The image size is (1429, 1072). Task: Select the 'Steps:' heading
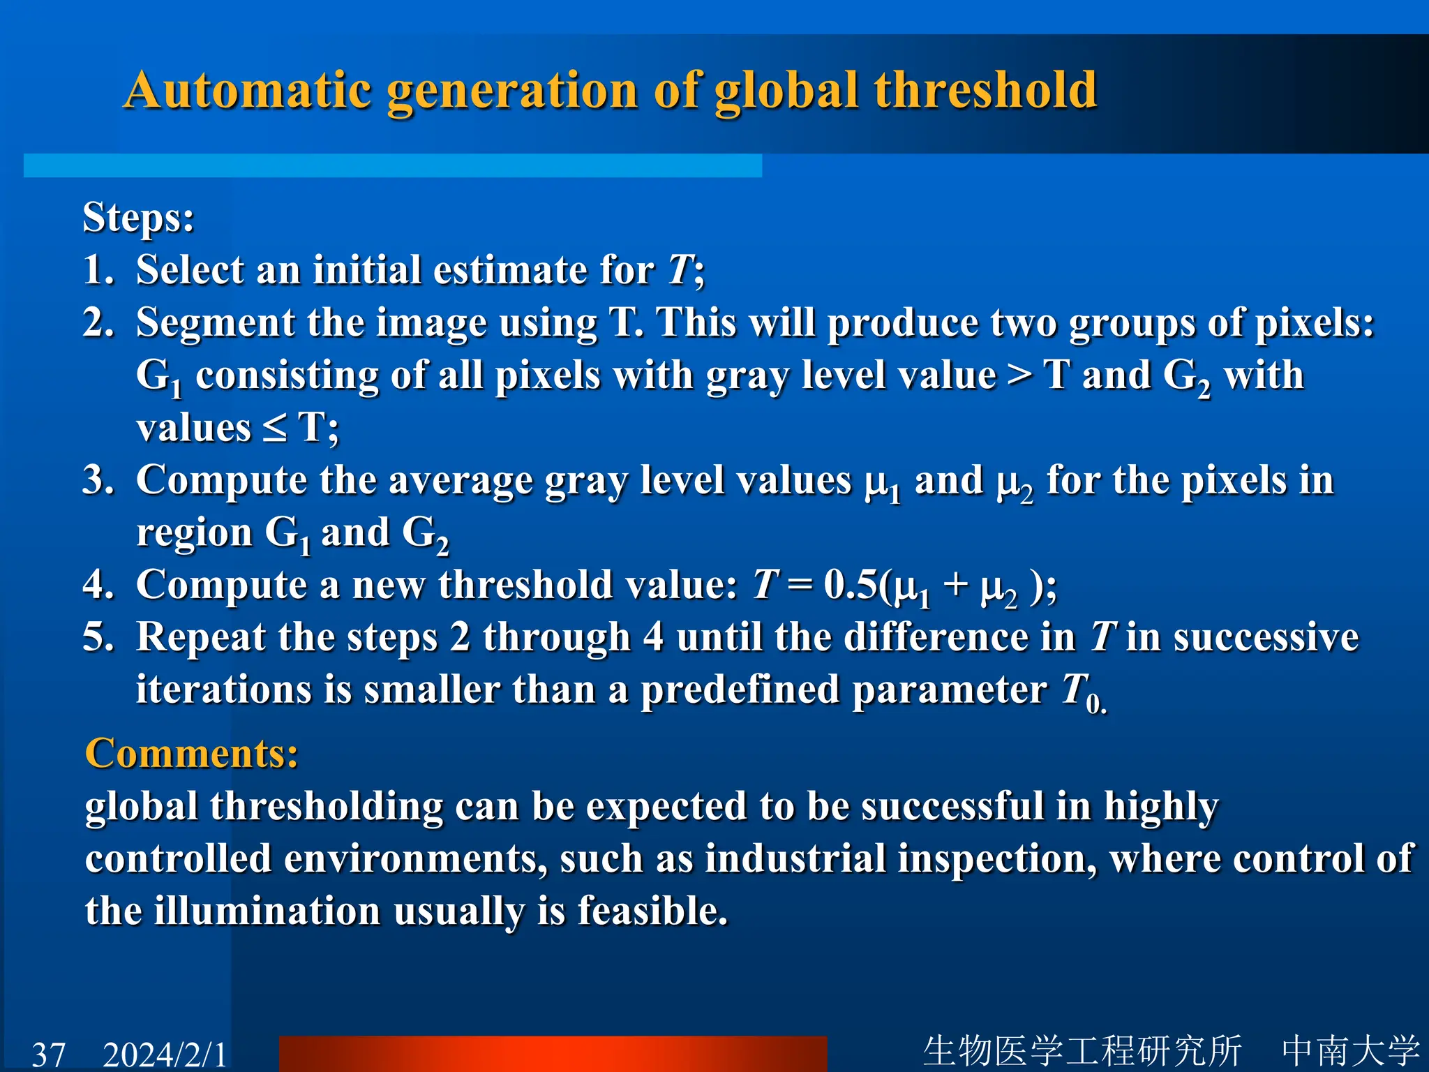[x=138, y=217]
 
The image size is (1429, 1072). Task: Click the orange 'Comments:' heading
[x=192, y=754]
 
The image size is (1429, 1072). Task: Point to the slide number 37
[x=49, y=1054]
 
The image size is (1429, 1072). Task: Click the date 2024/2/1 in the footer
[x=165, y=1054]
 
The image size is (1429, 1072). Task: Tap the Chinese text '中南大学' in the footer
[x=1350, y=1050]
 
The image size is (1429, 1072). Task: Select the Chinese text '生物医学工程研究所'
[x=1082, y=1050]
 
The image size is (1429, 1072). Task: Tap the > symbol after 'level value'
[x=1019, y=375]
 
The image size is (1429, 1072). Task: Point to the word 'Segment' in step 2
[x=216, y=323]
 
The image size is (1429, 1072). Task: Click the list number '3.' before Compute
[x=98, y=480]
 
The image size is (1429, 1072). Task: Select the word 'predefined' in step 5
[x=740, y=690]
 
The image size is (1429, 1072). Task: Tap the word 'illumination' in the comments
[x=267, y=911]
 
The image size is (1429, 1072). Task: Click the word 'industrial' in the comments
[x=795, y=858]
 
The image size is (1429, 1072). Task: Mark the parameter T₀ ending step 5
[x=1082, y=692]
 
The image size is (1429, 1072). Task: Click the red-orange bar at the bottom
[x=553, y=1054]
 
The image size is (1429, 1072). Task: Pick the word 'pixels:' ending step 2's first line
[x=1315, y=323]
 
